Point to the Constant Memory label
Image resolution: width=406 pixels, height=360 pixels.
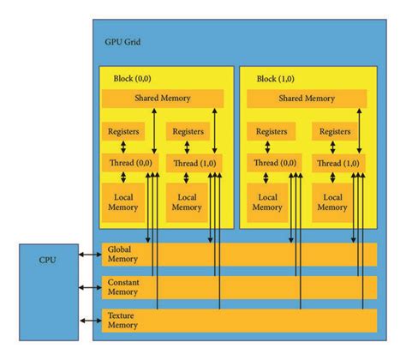[122, 286]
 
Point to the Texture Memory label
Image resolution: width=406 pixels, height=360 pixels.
[120, 319]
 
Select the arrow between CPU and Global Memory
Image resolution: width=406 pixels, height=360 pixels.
[88, 255]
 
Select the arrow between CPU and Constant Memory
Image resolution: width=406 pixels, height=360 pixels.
[88, 287]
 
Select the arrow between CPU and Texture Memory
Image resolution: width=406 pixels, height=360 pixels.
[88, 320]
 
